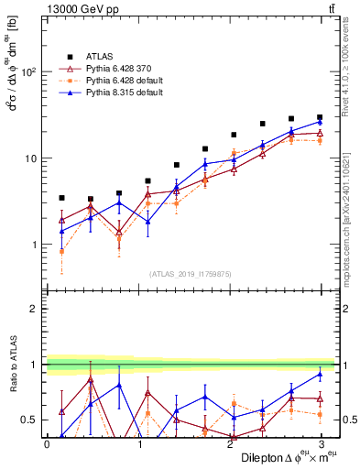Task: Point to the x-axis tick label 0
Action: click(x=47, y=443)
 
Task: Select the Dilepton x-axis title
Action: click(x=284, y=457)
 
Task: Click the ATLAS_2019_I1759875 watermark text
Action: click(x=191, y=272)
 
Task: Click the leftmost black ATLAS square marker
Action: click(x=61, y=198)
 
